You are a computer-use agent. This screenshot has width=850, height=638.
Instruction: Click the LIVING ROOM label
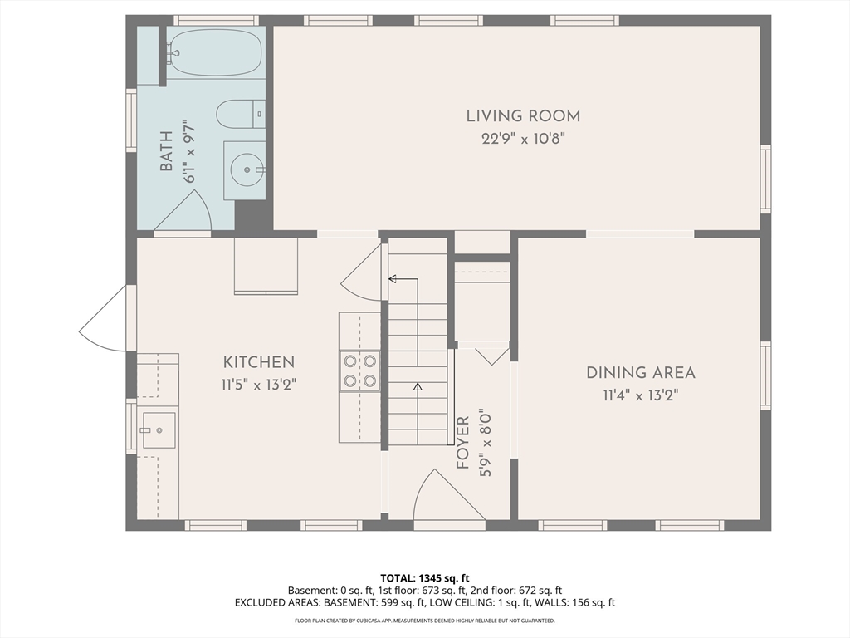pos(523,116)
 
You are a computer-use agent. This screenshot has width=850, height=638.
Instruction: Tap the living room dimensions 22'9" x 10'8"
pos(523,139)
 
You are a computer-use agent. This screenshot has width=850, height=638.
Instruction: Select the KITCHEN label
pos(259,362)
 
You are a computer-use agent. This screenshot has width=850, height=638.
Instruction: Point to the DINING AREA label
pos(641,373)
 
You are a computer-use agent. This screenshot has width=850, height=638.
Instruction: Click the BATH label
pos(166,151)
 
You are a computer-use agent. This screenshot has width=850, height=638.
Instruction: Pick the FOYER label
pos(462,443)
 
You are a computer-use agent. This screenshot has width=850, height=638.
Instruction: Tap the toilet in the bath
pos(241,114)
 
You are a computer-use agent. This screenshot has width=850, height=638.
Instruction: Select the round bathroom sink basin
pos(247,169)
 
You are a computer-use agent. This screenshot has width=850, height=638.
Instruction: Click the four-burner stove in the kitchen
pos(359,371)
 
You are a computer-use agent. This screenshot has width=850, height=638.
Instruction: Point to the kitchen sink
pos(159,430)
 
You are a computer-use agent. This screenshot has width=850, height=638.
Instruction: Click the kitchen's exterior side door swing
pos(103,319)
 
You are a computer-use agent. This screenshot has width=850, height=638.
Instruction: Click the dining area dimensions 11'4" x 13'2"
pos(641,395)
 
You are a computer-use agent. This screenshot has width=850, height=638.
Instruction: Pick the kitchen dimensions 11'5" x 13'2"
pos(259,385)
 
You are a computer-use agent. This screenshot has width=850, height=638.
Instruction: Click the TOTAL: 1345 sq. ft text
pos(424,578)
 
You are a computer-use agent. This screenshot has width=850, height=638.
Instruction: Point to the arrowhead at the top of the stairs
pos(393,279)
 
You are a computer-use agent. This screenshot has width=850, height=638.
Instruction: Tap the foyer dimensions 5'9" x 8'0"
pos(485,443)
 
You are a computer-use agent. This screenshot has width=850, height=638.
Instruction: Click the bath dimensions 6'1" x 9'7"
pos(189,151)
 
